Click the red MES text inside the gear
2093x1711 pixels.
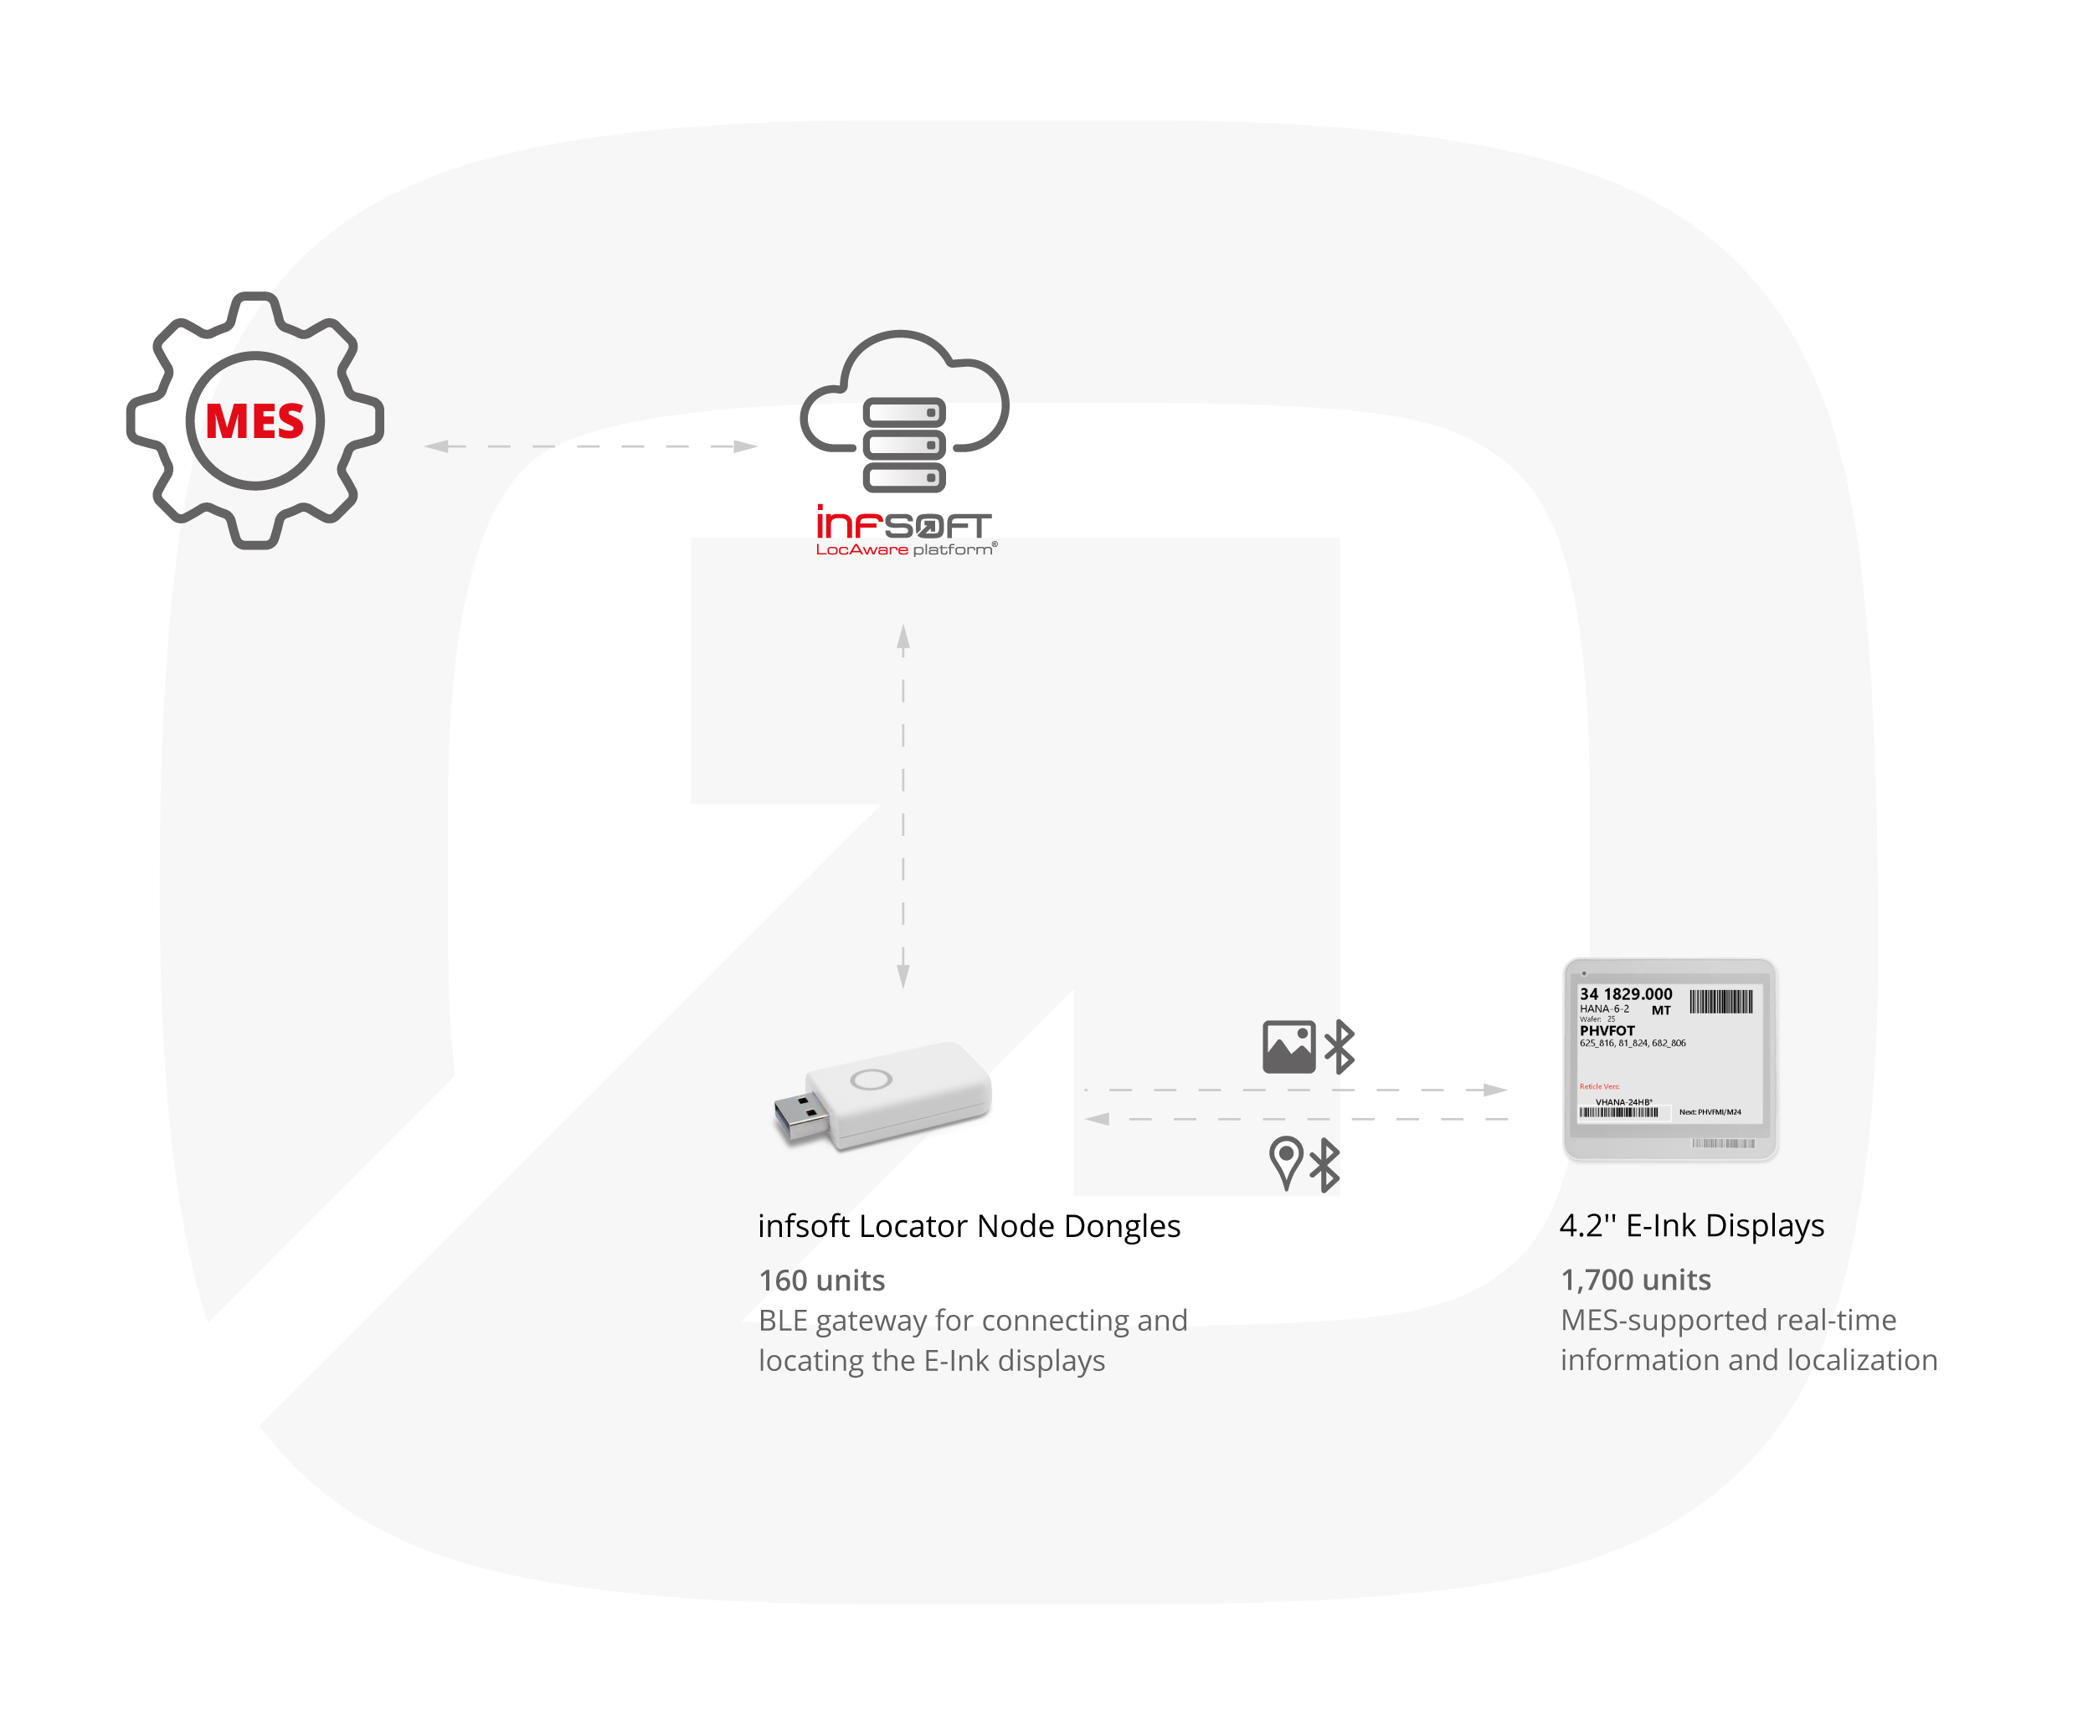(x=255, y=421)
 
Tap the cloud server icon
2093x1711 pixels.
(x=903, y=414)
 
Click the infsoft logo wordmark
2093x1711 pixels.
(x=903, y=523)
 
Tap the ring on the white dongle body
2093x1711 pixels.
(x=871, y=1080)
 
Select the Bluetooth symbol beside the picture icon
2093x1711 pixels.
(x=1340, y=1047)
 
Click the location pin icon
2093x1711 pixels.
(x=1285, y=1163)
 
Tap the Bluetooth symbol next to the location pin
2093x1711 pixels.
(x=1324, y=1165)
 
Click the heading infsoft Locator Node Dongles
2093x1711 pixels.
(x=969, y=1226)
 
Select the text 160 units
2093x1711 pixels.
(x=822, y=1281)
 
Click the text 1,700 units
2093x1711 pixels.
(x=1635, y=1280)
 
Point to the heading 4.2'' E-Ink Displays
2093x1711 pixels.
(x=1691, y=1225)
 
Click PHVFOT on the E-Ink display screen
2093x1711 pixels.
(x=1607, y=1031)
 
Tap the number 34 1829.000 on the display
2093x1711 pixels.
(x=1625, y=993)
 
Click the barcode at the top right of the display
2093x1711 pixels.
(x=1720, y=1002)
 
